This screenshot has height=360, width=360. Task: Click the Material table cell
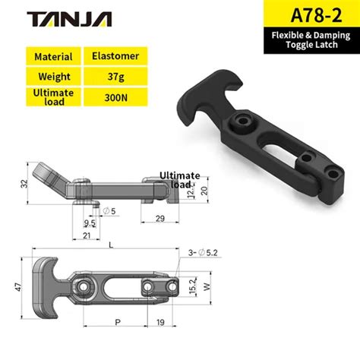(x=53, y=56)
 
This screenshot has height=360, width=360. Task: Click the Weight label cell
(x=53, y=76)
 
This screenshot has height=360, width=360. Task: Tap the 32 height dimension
(x=24, y=183)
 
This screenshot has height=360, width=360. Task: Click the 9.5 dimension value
(x=90, y=224)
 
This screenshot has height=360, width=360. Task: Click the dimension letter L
(x=112, y=245)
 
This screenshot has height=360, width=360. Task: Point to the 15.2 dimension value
(x=192, y=287)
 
